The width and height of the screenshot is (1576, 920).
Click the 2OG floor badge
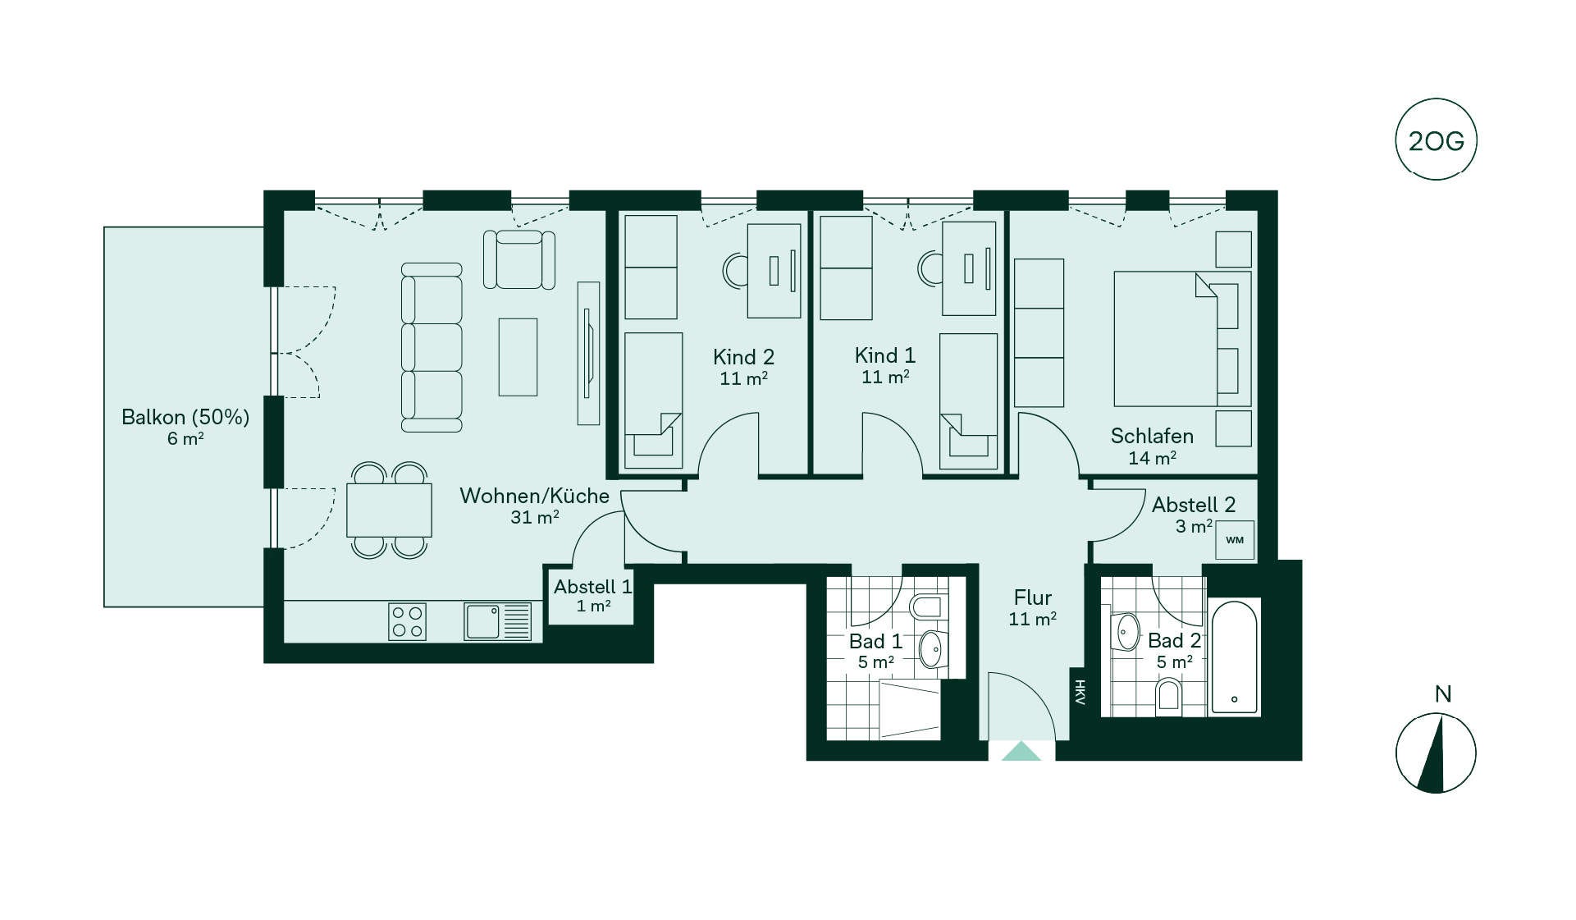coord(1436,140)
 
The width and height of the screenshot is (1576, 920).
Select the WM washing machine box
coord(1235,540)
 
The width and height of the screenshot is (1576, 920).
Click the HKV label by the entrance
coord(1080,693)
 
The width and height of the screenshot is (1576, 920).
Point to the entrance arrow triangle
coord(1021,751)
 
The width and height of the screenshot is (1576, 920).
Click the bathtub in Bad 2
coord(1234,657)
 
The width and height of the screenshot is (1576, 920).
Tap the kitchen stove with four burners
coord(408,621)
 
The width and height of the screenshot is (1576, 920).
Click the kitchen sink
coord(497,621)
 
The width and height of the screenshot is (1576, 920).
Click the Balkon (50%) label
coord(185,417)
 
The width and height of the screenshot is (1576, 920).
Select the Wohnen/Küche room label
coord(534,496)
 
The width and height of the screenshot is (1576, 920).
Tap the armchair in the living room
coord(519,259)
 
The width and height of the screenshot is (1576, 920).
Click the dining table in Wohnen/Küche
coord(389,510)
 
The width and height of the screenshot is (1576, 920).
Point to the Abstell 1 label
coord(592,587)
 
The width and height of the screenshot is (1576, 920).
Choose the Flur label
coord(1032,597)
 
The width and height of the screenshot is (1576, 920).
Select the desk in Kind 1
coord(969,268)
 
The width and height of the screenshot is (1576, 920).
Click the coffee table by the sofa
coord(518,357)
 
